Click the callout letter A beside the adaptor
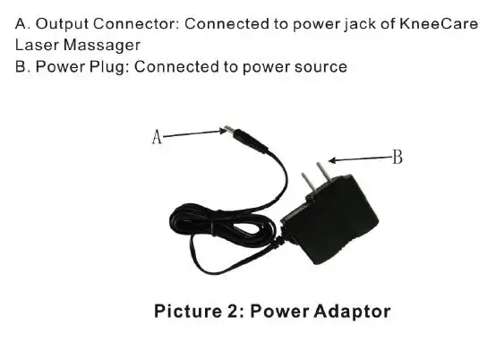(x=157, y=137)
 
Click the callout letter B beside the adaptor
(x=398, y=157)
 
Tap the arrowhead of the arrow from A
(x=223, y=131)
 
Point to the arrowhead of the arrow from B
(x=332, y=160)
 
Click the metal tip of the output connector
(x=228, y=129)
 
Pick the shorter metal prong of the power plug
(x=308, y=183)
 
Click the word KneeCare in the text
(x=439, y=23)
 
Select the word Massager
(x=101, y=46)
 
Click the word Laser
(x=37, y=45)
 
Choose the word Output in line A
(x=62, y=24)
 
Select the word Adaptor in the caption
(x=352, y=312)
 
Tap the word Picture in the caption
(x=188, y=311)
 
